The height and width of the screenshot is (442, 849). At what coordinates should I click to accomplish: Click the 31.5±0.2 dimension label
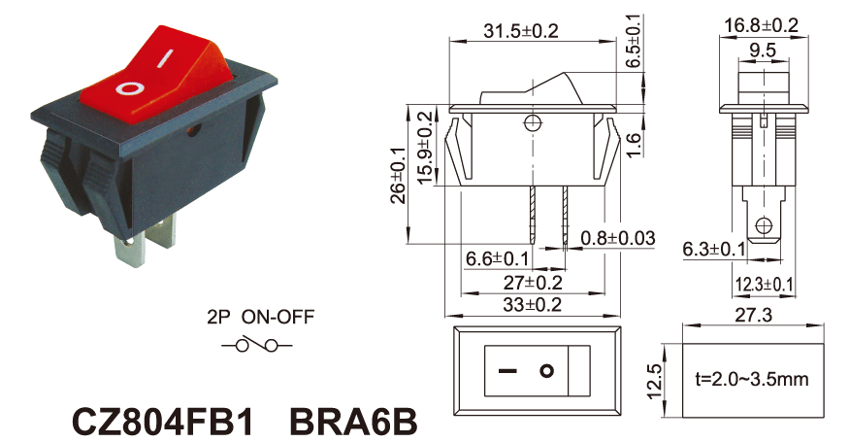[x=521, y=31]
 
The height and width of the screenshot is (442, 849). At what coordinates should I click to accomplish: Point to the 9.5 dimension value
[x=762, y=49]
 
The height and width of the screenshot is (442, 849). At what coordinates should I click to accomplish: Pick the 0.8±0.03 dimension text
[x=618, y=238]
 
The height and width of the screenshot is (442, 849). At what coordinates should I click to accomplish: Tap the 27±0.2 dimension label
[x=532, y=283]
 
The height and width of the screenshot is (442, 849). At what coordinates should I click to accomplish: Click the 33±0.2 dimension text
[x=532, y=305]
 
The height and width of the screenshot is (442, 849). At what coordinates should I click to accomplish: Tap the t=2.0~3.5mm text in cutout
[x=752, y=379]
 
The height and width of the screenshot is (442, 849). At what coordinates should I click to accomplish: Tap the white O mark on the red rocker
[x=129, y=88]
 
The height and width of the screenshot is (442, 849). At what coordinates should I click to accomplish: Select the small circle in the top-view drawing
[x=548, y=371]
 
